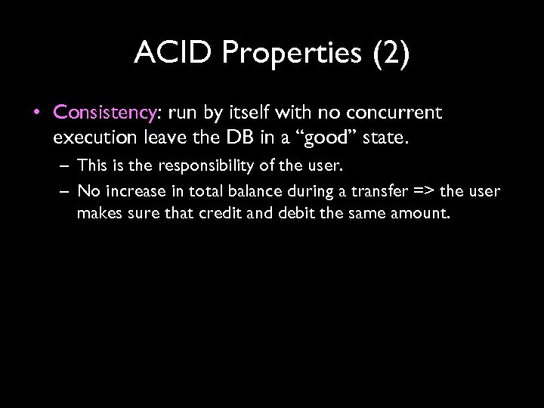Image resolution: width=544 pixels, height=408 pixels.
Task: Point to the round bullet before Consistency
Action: [38, 113]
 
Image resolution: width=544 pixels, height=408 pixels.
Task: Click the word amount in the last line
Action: [425, 214]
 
